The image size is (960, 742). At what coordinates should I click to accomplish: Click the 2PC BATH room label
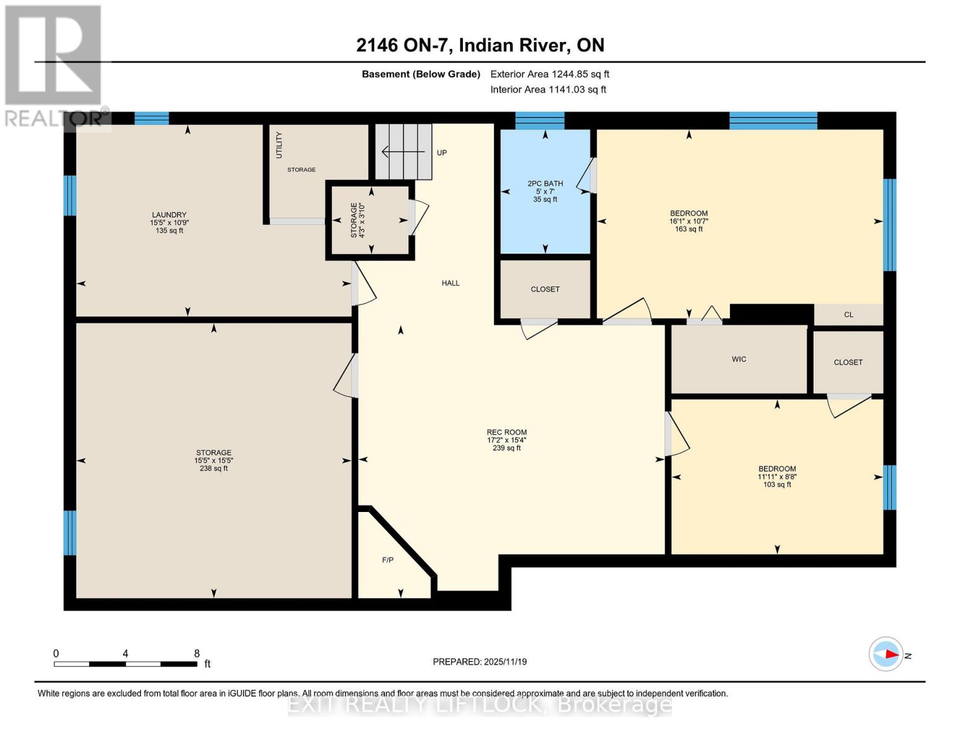(x=545, y=184)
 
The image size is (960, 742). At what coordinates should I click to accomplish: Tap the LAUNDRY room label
(x=169, y=215)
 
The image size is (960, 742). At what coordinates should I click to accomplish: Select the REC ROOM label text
(x=506, y=433)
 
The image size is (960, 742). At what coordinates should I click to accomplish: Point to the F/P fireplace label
(x=388, y=560)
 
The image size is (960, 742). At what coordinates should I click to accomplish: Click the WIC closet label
(x=739, y=359)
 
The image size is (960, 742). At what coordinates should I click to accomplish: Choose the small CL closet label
(x=848, y=315)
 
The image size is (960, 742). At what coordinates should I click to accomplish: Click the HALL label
(x=450, y=283)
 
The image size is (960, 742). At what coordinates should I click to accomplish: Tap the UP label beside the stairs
(x=441, y=153)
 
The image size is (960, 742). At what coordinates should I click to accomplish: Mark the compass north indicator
(x=886, y=654)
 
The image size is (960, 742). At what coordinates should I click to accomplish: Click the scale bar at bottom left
(x=125, y=663)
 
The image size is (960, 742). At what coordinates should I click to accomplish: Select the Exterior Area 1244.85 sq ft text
(x=550, y=74)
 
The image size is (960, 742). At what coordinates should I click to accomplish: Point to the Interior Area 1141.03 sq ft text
(x=548, y=90)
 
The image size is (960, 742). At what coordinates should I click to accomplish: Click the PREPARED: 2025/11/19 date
(x=480, y=662)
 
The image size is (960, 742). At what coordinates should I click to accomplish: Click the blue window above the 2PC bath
(x=540, y=120)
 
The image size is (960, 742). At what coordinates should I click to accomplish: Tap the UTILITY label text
(x=279, y=145)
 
